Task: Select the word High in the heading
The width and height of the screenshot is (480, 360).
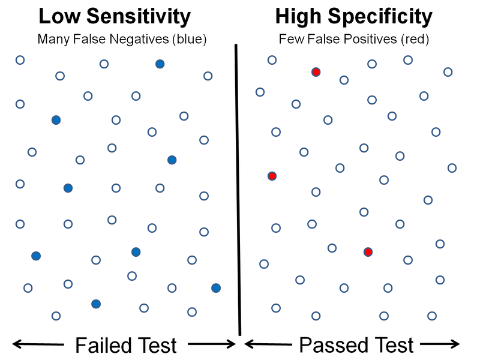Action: click(299, 17)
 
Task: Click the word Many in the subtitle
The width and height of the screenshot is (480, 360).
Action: click(52, 40)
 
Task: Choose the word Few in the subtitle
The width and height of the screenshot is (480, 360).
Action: click(290, 40)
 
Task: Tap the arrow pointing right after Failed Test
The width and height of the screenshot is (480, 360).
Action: click(210, 344)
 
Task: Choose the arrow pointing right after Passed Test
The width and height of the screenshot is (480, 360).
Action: click(441, 344)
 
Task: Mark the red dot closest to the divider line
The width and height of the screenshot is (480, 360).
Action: click(272, 176)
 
